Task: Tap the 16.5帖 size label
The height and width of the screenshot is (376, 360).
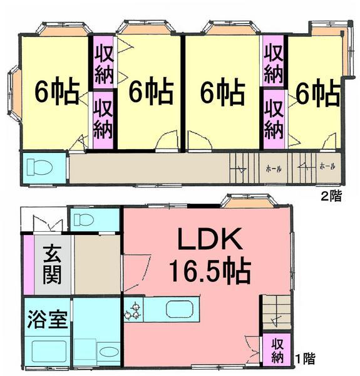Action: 210,271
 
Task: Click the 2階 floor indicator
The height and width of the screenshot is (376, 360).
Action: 331,196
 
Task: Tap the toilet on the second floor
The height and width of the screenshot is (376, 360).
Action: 42,167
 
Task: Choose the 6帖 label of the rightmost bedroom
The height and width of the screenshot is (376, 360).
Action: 317,94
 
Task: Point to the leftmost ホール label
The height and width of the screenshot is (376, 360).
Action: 273,168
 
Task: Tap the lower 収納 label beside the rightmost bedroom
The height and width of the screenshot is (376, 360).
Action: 273,118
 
